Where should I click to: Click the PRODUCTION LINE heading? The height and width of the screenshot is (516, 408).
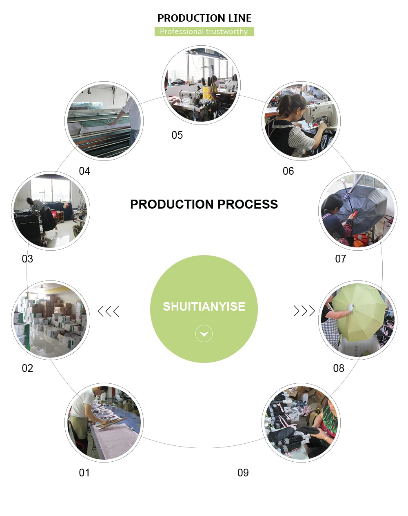click(204, 18)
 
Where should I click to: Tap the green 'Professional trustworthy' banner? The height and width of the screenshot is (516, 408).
click(204, 31)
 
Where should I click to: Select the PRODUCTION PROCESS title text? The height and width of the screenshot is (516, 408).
click(204, 204)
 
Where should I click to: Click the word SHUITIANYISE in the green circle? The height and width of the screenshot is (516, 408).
click(204, 307)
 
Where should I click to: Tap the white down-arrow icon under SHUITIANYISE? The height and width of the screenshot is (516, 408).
click(204, 334)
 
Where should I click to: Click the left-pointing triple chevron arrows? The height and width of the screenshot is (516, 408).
click(109, 311)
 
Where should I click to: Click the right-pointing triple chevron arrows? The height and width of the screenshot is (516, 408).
click(304, 311)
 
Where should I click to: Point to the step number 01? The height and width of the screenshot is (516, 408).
click(84, 473)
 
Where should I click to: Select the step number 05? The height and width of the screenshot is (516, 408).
click(177, 135)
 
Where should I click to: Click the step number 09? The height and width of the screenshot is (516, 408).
click(243, 473)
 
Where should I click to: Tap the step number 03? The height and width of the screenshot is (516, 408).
click(27, 259)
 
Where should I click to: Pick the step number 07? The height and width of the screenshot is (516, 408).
click(341, 259)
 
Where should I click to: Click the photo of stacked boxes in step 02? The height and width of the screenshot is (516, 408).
click(50, 320)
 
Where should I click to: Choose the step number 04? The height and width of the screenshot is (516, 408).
click(84, 171)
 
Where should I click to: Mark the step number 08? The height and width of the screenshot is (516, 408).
click(339, 368)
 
